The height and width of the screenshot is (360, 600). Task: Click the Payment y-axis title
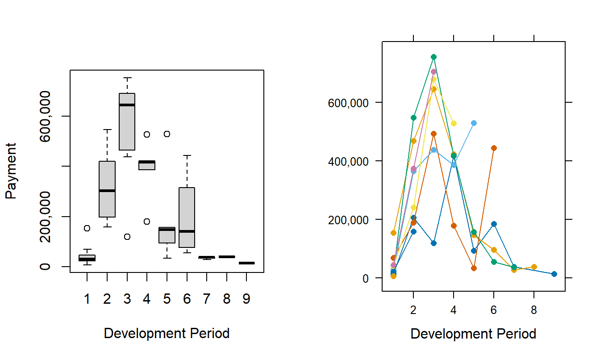coord(11,171)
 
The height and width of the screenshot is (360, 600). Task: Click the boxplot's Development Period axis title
coord(167,333)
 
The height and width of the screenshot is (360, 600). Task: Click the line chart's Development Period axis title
coord(473,334)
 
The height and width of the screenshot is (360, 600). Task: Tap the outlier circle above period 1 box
coord(87,228)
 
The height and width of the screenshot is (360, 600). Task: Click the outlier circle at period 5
coord(167,134)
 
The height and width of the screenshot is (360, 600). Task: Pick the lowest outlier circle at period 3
coord(127,237)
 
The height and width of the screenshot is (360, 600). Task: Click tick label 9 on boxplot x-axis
coord(246,299)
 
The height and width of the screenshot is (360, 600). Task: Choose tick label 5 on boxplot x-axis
coord(167,299)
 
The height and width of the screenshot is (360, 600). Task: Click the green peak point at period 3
coord(433,57)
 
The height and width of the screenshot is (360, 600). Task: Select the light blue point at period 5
coord(474,123)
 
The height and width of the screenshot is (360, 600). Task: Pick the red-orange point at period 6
coord(494,148)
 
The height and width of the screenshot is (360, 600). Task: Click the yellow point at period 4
coord(454,123)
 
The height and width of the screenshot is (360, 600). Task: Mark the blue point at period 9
coord(554,274)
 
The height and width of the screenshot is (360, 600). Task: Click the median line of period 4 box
coord(146,162)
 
